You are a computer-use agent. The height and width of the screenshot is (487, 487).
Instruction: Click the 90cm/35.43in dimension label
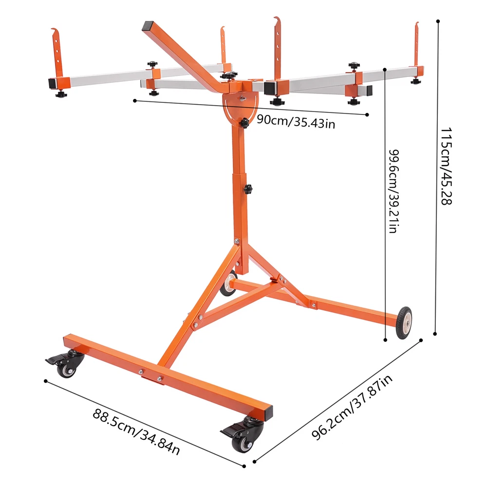[296, 121]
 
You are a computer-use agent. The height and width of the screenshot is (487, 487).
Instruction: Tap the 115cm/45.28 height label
[446, 166]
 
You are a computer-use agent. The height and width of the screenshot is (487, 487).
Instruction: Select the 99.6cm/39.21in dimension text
[394, 191]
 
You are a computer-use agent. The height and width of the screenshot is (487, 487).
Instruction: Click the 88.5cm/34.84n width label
[136, 431]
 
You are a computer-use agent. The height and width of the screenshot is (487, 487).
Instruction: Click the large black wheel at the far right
[404, 323]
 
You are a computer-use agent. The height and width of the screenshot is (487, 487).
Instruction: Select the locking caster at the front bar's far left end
[66, 363]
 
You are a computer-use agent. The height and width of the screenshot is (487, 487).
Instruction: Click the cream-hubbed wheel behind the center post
[228, 283]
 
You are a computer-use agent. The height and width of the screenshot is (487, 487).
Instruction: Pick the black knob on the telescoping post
[247, 189]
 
